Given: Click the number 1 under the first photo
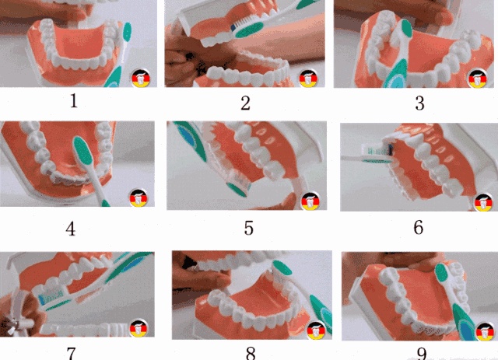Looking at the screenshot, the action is pyautogui.click(x=74, y=101).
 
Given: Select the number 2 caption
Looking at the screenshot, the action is pyautogui.click(x=245, y=103).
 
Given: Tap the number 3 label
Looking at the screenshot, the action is pyautogui.click(x=420, y=103).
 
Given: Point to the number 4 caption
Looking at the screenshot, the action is pyautogui.click(x=71, y=229).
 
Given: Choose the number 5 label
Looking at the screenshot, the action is pyautogui.click(x=249, y=229).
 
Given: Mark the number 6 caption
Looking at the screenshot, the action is pyautogui.click(x=419, y=228).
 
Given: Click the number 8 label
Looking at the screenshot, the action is pyautogui.click(x=251, y=353).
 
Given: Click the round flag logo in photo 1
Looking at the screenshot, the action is pyautogui.click(x=141, y=78).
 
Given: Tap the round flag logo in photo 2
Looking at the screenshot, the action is pyautogui.click(x=308, y=79).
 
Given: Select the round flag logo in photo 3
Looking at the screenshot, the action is pyautogui.click(x=478, y=79).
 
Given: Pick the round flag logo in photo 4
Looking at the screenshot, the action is pyautogui.click(x=139, y=197).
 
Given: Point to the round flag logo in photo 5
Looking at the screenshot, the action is pyautogui.click(x=310, y=201).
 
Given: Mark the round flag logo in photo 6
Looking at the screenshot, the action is pyautogui.click(x=484, y=202).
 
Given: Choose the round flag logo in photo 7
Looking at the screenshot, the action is pyautogui.click(x=139, y=328).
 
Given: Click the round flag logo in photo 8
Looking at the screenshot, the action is pyautogui.click(x=316, y=330).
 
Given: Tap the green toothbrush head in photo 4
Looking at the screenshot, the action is pyautogui.click(x=83, y=152).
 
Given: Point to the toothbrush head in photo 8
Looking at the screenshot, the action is pyautogui.click(x=282, y=267).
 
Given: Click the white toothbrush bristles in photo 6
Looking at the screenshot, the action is pyautogui.click(x=375, y=149).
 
